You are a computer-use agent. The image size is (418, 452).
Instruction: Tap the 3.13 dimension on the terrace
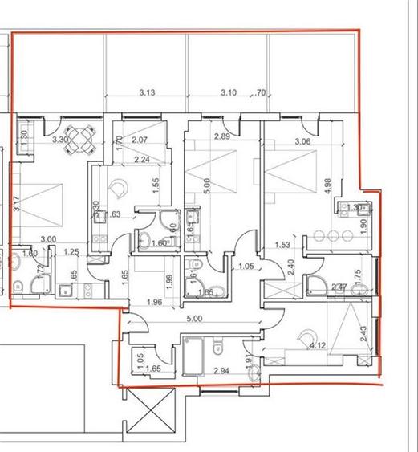click(146, 93)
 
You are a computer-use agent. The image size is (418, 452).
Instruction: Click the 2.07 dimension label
click(139, 140)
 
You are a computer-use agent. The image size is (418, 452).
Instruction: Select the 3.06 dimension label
click(302, 142)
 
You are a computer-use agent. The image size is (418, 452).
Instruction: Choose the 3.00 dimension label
click(48, 239)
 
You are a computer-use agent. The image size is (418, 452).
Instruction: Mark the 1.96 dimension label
click(155, 303)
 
